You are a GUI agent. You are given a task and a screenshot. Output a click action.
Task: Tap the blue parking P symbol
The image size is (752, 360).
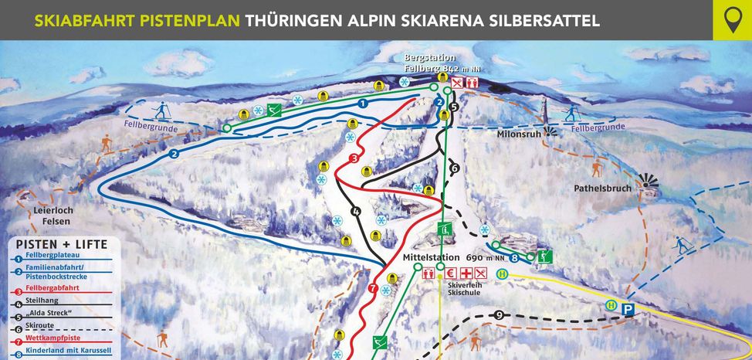click(628, 309)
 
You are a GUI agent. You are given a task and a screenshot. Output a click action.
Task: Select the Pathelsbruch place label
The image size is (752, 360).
click(602, 188)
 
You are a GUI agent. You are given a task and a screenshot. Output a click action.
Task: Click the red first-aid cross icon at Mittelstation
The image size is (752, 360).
click(466, 273)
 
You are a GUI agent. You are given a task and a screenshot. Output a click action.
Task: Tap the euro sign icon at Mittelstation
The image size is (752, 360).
click(450, 273)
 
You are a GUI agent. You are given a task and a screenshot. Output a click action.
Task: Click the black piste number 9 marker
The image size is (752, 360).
click(500, 314)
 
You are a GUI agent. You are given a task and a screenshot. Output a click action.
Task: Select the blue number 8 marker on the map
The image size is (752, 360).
click(513, 259)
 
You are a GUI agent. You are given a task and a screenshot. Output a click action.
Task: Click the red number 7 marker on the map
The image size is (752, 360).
click(373, 289)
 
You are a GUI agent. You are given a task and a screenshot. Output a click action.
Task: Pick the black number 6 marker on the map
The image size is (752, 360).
click(454, 168)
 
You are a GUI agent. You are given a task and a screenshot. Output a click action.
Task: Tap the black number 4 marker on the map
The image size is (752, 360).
click(356, 211)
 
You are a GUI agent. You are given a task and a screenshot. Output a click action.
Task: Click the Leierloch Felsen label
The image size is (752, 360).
click(52, 216)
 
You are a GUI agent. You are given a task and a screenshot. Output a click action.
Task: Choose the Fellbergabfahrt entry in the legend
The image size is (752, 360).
click(53, 288)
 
